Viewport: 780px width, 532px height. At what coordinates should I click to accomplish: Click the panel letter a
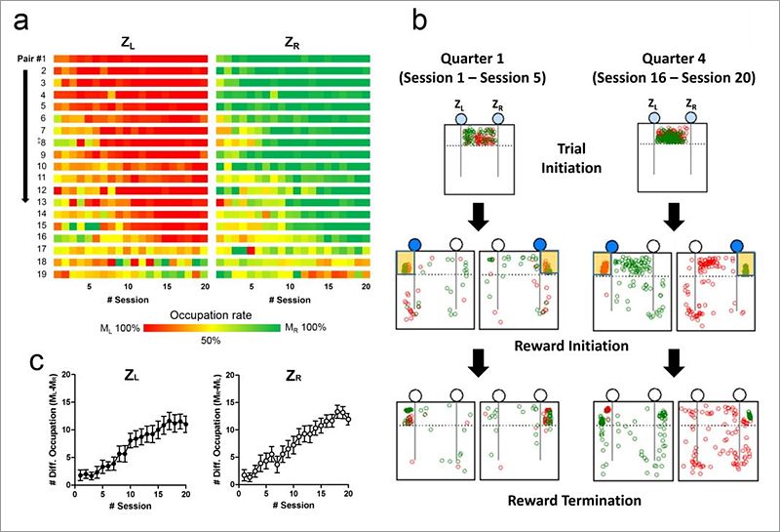pyautogui.click(x=18, y=19)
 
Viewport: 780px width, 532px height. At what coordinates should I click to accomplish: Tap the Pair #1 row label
pyautogui.click(x=31, y=60)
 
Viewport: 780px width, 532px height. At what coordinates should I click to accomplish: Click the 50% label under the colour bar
pyautogui.click(x=211, y=341)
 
